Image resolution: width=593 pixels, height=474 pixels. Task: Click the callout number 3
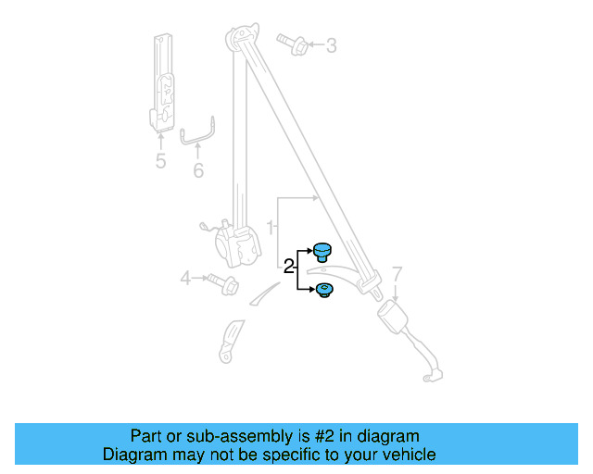(331, 45)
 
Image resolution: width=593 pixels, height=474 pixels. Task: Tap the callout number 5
(160, 162)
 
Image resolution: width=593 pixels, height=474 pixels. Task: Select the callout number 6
(197, 171)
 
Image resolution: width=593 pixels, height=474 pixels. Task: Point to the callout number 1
(271, 227)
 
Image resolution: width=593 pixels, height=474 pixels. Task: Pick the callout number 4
(185, 277)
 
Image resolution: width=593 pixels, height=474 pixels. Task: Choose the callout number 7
(397, 273)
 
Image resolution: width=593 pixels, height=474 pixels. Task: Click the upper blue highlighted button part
(323, 250)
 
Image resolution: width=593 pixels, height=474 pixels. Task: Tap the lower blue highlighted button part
(324, 292)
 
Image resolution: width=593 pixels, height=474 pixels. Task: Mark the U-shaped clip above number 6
(198, 134)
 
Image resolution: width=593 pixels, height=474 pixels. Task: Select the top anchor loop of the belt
(240, 39)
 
